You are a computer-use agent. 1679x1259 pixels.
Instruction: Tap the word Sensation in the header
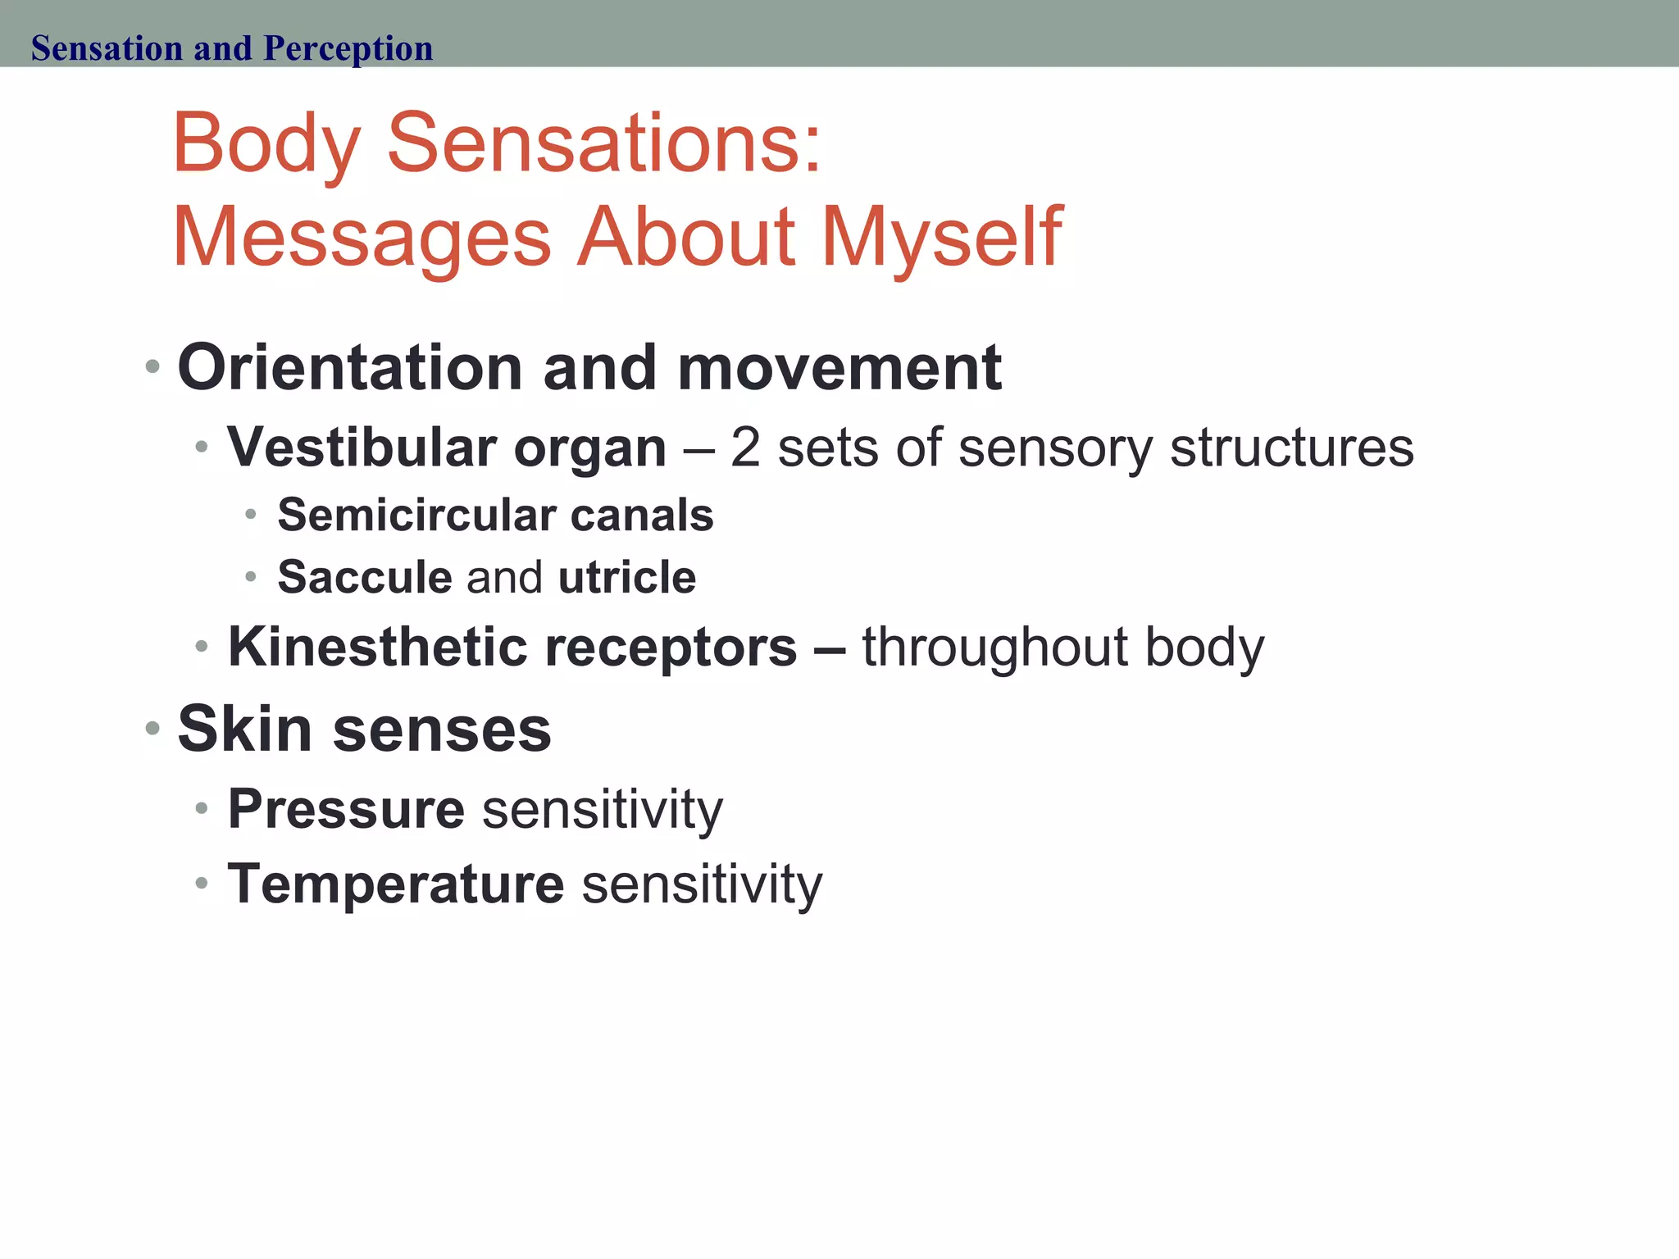(x=106, y=48)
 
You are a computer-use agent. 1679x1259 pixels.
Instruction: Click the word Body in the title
(x=266, y=144)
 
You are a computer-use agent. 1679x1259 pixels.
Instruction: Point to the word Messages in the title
(x=362, y=238)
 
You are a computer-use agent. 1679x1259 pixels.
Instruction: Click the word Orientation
(x=350, y=368)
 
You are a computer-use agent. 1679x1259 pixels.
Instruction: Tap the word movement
(x=839, y=368)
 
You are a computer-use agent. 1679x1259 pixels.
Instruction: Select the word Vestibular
(x=362, y=448)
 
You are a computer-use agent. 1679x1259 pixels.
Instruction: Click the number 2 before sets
(x=744, y=448)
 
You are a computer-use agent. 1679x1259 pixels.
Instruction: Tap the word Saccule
(x=365, y=577)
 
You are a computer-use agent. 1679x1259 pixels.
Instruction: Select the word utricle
(x=626, y=577)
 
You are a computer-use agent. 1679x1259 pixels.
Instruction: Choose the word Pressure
(x=346, y=810)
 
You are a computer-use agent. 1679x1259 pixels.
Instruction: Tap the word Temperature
(x=396, y=884)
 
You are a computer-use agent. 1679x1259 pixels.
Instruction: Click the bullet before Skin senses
(x=152, y=728)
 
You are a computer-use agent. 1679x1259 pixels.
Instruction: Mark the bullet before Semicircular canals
(x=251, y=515)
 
